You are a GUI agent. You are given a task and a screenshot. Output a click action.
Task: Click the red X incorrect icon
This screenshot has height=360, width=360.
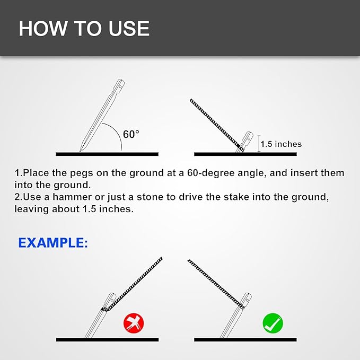click(x=134, y=323)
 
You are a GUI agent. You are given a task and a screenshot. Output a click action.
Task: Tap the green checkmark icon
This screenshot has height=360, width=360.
click(x=273, y=323)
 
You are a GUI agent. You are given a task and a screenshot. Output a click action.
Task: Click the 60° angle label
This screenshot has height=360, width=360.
click(x=131, y=134)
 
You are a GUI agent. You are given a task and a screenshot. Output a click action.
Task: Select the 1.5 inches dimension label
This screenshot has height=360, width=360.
click(x=281, y=144)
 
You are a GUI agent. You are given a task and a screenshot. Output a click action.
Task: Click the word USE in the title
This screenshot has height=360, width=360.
click(x=129, y=29)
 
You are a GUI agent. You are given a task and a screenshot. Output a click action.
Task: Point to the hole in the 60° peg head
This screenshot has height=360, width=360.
click(x=120, y=87)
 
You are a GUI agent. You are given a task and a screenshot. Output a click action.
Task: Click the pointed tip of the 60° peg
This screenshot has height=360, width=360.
click(x=80, y=151)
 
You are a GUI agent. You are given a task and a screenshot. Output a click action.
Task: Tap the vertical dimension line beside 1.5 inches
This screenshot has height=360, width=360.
click(x=259, y=144)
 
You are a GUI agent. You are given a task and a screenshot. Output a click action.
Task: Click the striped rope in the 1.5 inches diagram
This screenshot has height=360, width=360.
click(x=217, y=125)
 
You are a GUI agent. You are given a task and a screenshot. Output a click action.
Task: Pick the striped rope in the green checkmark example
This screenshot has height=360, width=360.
click(x=216, y=284)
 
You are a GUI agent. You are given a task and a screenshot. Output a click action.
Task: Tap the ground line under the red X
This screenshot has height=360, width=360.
click(x=107, y=339)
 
